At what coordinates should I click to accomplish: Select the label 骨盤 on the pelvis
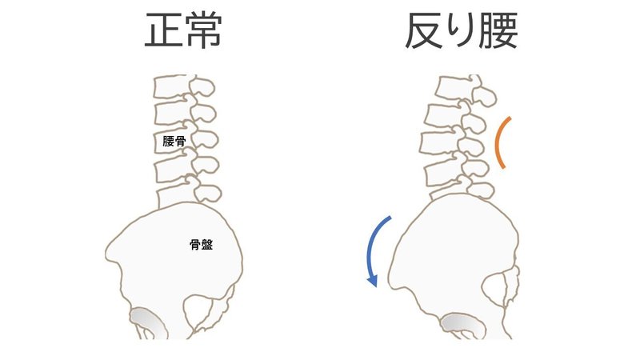201,246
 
